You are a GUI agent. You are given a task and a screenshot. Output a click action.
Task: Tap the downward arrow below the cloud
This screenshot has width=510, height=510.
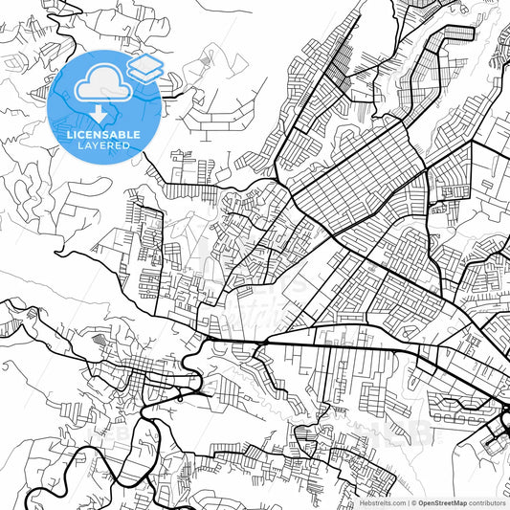pyautogui.click(x=98, y=114)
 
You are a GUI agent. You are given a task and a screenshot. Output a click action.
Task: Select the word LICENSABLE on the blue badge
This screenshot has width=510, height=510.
pyautogui.click(x=104, y=135)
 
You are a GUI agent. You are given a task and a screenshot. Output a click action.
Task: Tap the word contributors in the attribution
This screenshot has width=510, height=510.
pyautogui.click(x=487, y=502)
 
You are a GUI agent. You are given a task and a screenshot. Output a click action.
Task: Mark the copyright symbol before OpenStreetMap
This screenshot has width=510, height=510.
pyautogui.click(x=412, y=502)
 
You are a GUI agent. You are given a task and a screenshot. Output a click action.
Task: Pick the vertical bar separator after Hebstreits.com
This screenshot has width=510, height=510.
pyautogui.click(x=406, y=502)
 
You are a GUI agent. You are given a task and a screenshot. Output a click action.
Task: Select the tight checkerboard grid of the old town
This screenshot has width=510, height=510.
pyautogui.click(x=144, y=368)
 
